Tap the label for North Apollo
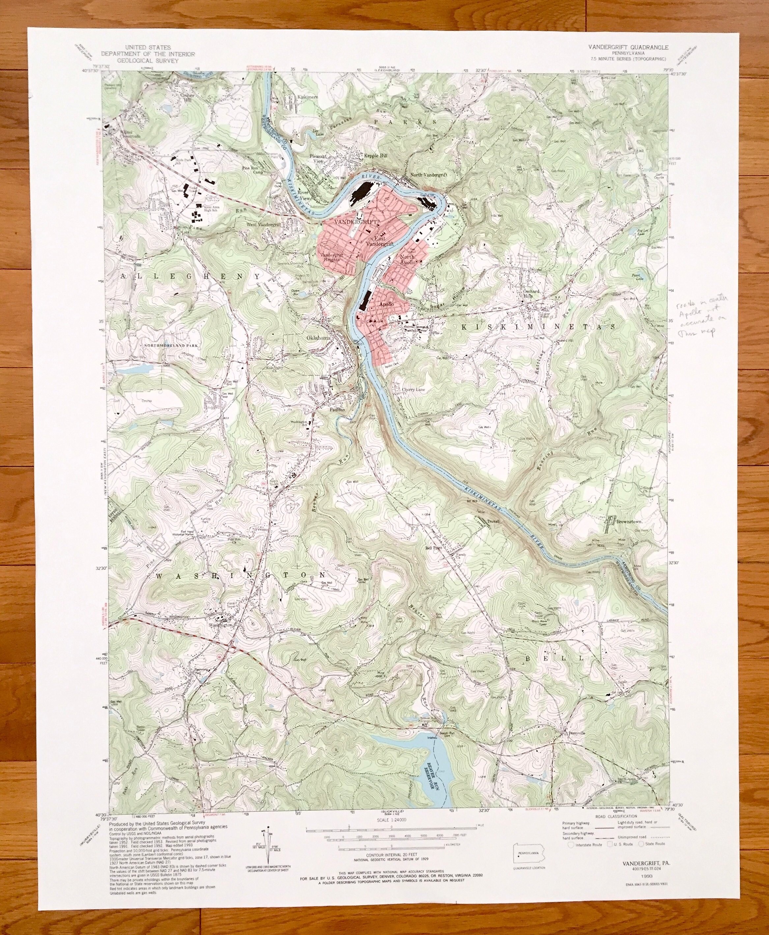coord(408,260)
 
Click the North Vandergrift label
coord(429,175)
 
